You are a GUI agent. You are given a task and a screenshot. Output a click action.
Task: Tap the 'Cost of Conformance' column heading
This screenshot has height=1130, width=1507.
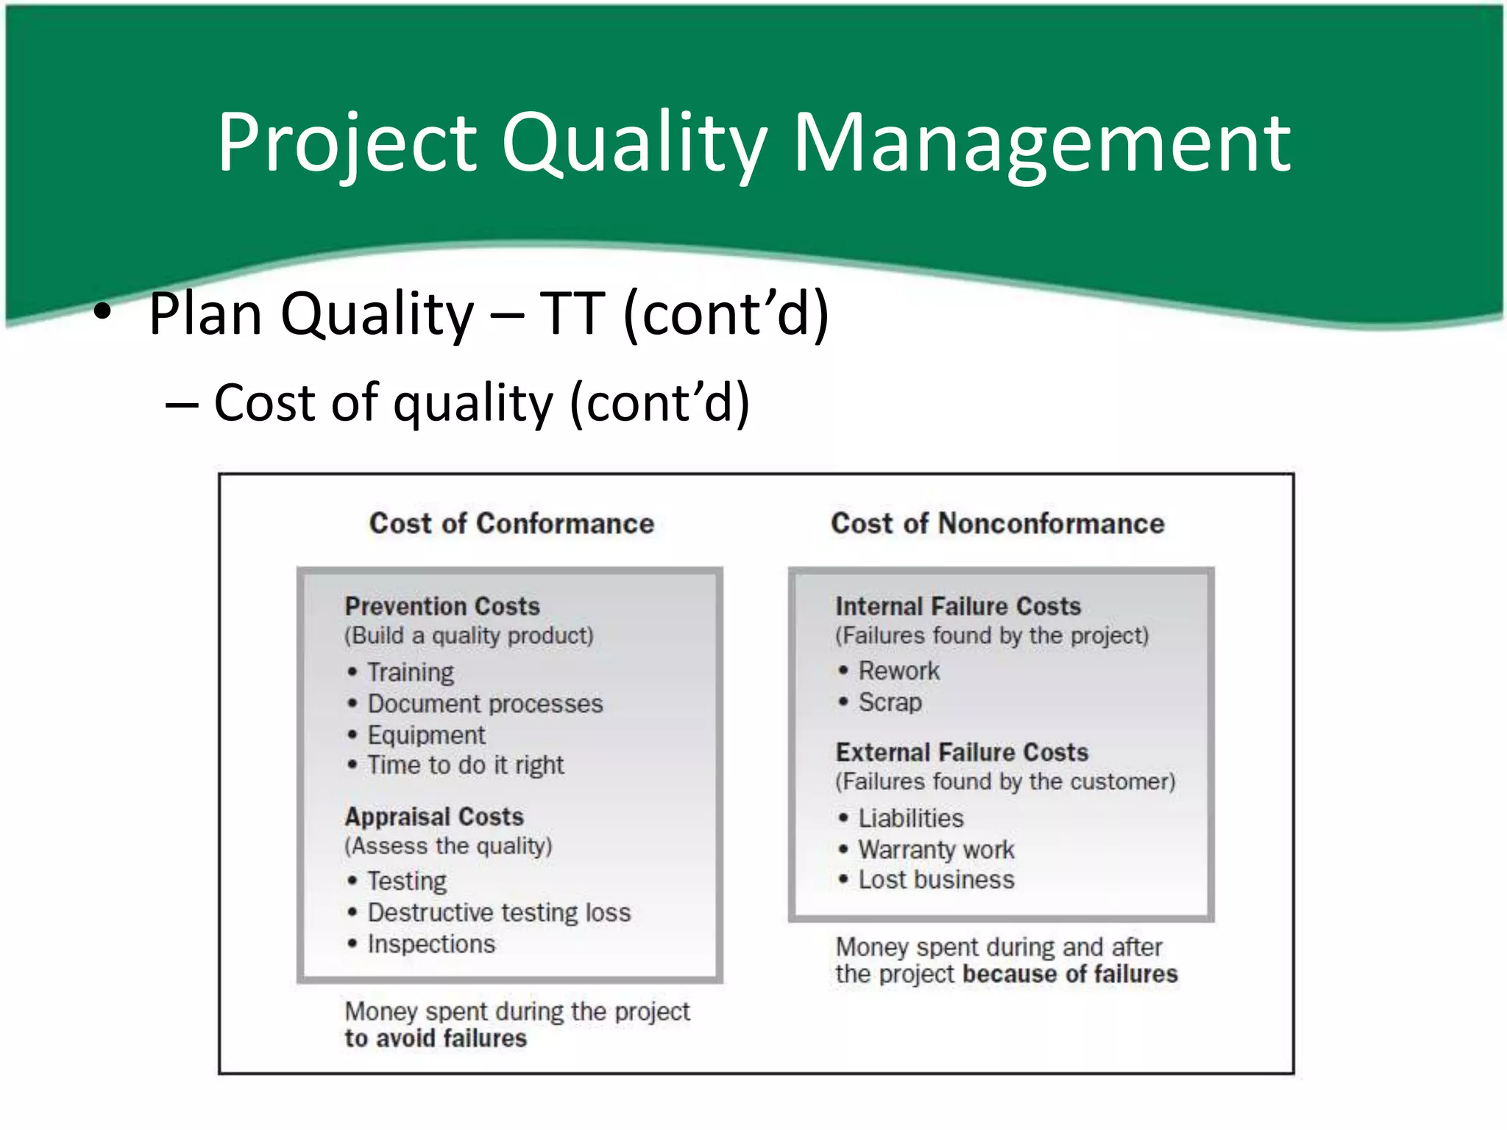[511, 524]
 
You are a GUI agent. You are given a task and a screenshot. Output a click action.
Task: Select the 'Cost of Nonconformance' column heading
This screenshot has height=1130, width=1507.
[997, 524]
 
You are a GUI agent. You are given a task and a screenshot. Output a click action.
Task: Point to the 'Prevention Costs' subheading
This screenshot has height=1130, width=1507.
[442, 606]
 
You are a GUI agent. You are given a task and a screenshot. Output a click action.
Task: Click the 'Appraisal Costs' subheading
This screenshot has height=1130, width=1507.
[434, 817]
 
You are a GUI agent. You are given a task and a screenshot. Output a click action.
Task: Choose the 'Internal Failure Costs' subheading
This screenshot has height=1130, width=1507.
[958, 606]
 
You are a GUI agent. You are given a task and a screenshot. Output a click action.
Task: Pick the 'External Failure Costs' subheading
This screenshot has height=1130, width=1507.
[962, 752]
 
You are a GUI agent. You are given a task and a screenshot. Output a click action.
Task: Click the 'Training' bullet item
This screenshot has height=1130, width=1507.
[411, 672]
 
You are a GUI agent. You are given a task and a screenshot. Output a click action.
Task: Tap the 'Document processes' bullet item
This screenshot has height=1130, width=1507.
[485, 704]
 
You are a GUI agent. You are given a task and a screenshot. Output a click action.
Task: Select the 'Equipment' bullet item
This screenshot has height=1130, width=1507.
[426, 735]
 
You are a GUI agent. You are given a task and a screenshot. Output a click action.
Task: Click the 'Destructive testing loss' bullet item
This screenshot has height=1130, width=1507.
[499, 912]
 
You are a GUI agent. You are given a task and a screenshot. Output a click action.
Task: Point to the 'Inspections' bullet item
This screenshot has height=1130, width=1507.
[431, 944]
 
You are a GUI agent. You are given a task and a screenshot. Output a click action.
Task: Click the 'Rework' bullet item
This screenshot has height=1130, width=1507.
[898, 671]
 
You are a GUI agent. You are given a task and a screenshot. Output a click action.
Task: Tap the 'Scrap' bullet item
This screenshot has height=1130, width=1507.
[890, 703]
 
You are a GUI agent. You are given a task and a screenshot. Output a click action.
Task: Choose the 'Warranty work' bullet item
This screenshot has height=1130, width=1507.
[936, 850]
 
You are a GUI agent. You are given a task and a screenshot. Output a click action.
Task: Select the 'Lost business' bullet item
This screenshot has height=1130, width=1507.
[936, 880]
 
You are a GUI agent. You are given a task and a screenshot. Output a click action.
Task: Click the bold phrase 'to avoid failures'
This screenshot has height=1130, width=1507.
[436, 1038]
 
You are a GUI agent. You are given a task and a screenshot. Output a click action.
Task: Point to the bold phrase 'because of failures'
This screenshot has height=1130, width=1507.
[1070, 974]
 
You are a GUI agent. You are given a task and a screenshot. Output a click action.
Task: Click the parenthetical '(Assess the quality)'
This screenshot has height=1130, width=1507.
[448, 846]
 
